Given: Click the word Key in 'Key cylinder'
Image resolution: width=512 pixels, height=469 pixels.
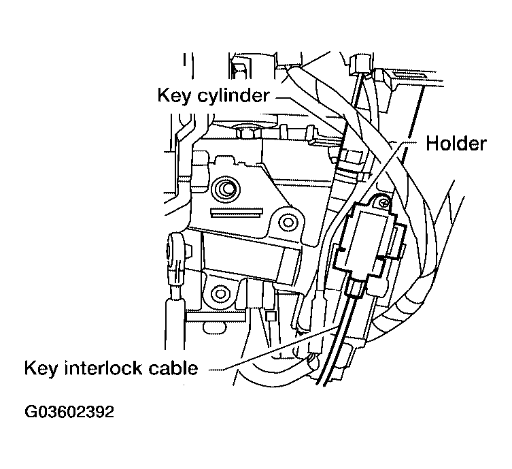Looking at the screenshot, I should (173, 95).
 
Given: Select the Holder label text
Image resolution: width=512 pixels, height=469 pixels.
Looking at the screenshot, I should (456, 144).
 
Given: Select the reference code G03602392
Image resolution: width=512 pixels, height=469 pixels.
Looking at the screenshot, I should (69, 413).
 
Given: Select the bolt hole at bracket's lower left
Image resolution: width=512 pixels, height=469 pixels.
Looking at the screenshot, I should (219, 294).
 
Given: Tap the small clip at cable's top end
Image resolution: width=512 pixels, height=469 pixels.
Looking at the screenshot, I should (360, 65).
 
